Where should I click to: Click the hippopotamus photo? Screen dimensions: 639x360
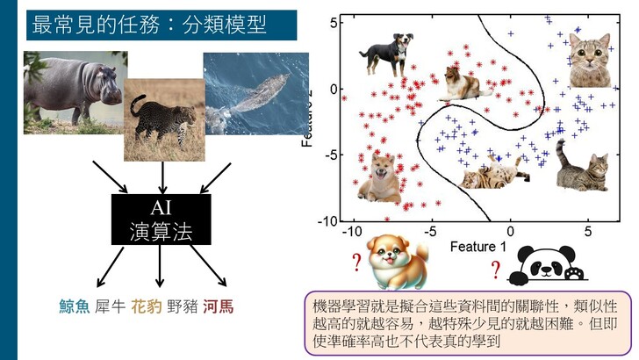click(x=74, y=92)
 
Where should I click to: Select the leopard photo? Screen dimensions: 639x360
click(x=164, y=120)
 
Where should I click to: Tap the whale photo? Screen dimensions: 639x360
click(x=256, y=94)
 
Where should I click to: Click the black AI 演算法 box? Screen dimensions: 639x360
click(x=161, y=220)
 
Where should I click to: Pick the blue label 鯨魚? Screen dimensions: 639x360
click(x=74, y=306)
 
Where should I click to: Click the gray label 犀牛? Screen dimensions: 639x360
click(x=110, y=306)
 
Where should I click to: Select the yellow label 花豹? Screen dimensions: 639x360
click(x=147, y=306)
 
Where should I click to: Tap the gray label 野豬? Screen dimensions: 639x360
click(x=183, y=306)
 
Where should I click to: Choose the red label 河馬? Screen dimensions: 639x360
click(x=219, y=306)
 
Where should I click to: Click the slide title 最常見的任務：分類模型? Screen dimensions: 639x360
click(x=149, y=25)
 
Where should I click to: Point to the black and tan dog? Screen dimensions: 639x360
click(x=387, y=54)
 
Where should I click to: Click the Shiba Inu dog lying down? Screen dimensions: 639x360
click(x=379, y=177)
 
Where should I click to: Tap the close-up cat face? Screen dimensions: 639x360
click(x=590, y=61)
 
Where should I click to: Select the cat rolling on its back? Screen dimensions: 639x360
click(x=495, y=173)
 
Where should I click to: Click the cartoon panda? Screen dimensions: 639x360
click(x=547, y=265)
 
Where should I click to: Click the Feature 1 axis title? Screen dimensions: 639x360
click(x=478, y=246)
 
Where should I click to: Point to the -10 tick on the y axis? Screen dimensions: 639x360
click(x=327, y=222)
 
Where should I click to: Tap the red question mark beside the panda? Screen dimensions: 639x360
click(x=496, y=270)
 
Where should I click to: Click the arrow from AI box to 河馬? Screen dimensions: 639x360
click(x=208, y=265)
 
